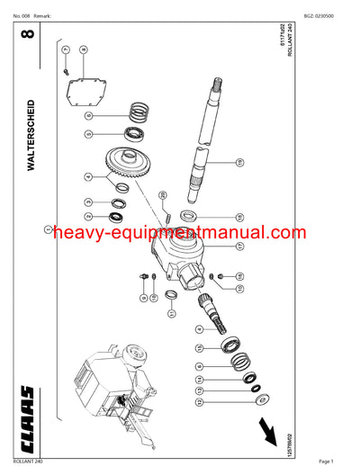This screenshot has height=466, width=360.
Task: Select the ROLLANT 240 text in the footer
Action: [x=27, y=461]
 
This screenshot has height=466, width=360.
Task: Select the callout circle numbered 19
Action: [x=239, y=163]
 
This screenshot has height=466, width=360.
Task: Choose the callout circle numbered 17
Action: [x=239, y=245]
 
